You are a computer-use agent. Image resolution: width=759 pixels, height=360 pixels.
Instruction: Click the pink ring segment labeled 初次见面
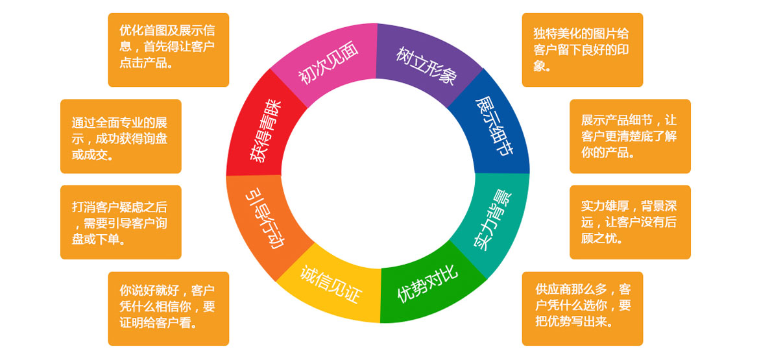328,66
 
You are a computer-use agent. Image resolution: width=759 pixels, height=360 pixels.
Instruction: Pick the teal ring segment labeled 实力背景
490,221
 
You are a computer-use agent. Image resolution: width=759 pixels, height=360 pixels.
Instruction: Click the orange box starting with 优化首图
168,50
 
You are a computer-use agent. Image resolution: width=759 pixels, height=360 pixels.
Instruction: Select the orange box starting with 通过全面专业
121,136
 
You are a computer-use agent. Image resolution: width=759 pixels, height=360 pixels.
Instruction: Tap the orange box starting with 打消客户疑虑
121,222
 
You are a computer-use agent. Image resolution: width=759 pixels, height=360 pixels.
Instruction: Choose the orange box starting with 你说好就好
168,308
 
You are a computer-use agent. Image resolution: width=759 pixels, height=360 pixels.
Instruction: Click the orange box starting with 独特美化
582,50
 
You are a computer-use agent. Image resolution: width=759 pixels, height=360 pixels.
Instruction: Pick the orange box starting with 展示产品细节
630,136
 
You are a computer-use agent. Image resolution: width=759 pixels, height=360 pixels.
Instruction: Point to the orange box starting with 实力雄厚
630,222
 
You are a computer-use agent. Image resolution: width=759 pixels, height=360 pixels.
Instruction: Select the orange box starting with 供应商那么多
582,308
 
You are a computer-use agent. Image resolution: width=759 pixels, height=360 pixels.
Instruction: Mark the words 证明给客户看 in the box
158,322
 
